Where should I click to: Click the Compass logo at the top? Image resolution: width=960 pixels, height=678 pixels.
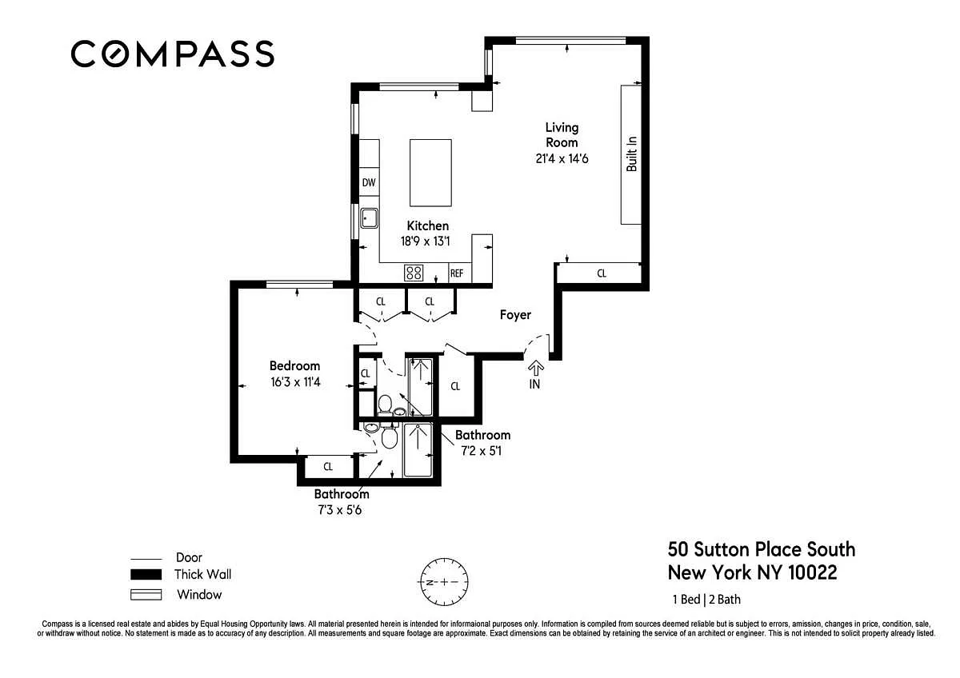point(172,54)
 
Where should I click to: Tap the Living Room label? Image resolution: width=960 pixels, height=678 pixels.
point(562,135)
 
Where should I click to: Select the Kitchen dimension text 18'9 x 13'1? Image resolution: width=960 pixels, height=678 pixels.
point(425,241)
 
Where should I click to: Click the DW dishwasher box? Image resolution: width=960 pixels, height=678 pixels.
point(369,183)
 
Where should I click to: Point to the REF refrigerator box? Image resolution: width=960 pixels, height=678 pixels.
point(457,273)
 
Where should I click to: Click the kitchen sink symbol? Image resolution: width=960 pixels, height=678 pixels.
point(369,218)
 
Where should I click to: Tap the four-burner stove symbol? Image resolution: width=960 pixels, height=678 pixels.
point(414,273)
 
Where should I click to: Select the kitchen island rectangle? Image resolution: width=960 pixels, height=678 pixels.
point(430,173)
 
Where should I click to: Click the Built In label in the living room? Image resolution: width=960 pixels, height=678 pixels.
point(632,154)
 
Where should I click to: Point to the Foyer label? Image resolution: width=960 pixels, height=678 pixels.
point(515,315)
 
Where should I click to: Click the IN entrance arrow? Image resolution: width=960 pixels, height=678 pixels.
point(535,369)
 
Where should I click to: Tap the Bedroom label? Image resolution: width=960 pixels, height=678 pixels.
point(295,365)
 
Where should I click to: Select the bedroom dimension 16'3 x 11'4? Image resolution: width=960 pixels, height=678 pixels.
point(295,382)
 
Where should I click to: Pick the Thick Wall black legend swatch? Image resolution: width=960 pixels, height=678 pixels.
point(146,574)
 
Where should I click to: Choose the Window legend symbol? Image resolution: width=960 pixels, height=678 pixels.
point(146,595)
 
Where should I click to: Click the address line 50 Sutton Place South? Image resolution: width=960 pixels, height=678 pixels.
point(762,549)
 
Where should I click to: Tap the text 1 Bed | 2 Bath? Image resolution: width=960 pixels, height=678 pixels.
point(706,600)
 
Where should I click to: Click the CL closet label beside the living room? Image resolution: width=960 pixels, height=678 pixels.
point(602,273)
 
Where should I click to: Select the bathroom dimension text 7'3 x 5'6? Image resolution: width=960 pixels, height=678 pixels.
point(340,510)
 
